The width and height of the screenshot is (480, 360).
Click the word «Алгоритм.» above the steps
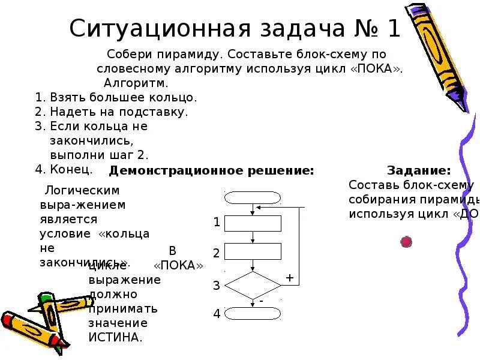pyautogui.click(x=136, y=82)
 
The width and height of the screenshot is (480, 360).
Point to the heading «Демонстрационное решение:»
pyautogui.click(x=211, y=170)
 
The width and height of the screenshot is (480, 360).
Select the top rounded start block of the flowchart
pyautogui.click(x=253, y=197)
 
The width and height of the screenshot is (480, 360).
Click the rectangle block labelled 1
pyautogui.click(x=253, y=223)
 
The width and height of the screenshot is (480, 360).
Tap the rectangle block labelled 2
pyautogui.click(x=253, y=251)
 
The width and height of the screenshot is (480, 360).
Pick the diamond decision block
pyautogui.click(x=253, y=285)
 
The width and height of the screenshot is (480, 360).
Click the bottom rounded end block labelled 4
pyautogui.click(x=253, y=313)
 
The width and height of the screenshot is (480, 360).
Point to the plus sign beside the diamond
pyautogui.click(x=289, y=278)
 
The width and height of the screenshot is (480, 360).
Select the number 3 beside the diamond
pyautogui.click(x=217, y=286)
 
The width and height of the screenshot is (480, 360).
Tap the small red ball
pyautogui.click(x=406, y=242)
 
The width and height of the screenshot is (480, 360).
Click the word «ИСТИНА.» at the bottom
pyautogui.click(x=115, y=337)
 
